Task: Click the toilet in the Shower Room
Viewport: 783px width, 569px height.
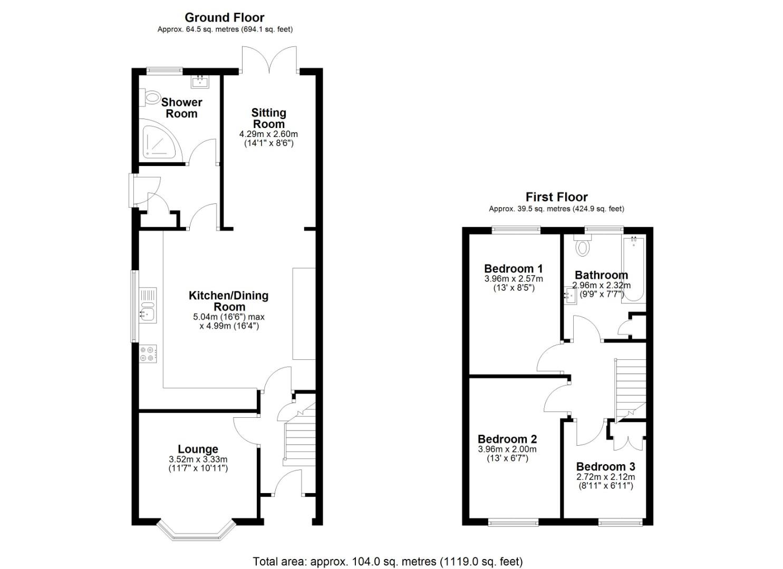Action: coord(151,97)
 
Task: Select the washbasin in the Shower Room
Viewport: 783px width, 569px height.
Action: coord(200,81)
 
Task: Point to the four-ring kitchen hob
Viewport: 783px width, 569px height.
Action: coord(148,354)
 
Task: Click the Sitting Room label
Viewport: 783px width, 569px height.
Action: coord(268,118)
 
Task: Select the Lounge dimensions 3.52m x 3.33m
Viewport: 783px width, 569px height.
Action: coord(198,459)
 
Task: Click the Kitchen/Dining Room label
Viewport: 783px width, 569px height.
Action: coord(228,301)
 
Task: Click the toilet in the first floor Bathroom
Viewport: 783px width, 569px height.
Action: coord(582,246)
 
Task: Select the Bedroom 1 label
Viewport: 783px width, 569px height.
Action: coord(513,268)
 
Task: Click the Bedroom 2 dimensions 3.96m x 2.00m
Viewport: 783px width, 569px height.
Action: coord(507,449)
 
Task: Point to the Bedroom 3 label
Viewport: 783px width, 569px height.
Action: coord(605,466)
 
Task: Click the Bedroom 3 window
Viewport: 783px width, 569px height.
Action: coord(620,522)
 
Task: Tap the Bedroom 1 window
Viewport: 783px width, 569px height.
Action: coord(516,229)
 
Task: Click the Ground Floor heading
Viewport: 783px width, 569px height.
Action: coord(225,17)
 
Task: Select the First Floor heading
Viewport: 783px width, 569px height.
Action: coord(556,197)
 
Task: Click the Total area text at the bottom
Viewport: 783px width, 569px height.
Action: coord(388,562)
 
